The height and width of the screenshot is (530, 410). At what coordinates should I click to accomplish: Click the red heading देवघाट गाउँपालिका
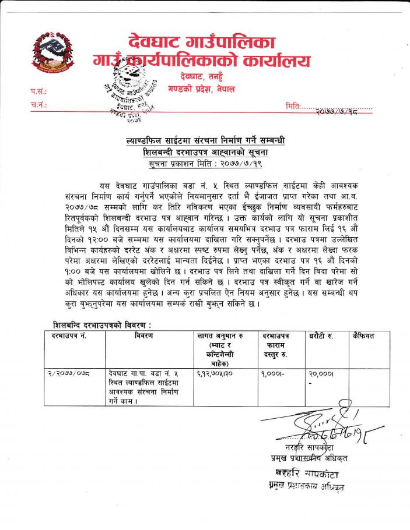(201, 42)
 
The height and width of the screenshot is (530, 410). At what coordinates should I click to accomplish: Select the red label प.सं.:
(38, 91)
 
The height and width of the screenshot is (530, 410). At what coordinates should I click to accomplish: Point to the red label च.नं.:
(38, 105)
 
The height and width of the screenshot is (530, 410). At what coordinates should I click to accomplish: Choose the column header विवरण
(143, 337)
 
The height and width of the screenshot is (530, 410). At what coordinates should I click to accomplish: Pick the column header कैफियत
(363, 337)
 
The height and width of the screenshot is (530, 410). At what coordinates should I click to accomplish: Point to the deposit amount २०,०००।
(320, 374)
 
